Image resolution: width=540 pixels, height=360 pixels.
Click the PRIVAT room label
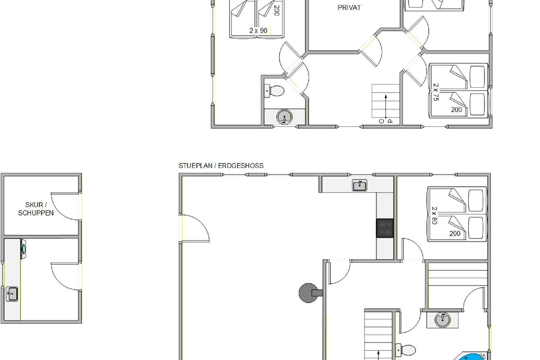349,8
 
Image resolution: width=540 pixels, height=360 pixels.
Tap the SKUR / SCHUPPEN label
36,209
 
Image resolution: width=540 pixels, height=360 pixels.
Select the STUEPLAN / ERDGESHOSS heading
221,166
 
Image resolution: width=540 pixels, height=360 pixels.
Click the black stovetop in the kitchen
385,228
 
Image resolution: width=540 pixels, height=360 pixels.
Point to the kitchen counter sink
360,185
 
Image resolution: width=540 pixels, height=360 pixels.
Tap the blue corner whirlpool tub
471,356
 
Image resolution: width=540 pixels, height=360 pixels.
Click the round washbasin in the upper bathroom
284,117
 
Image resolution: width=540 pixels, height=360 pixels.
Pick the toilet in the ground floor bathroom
405,350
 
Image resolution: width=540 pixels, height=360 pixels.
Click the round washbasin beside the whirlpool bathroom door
442,319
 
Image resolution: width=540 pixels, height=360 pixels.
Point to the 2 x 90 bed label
258,31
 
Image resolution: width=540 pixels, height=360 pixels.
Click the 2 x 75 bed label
436,92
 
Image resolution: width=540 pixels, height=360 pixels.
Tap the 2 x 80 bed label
434,215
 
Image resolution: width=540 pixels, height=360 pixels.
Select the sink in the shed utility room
12,294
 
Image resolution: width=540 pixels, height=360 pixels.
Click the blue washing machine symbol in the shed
23,249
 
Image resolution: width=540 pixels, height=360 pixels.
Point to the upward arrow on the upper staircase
386,107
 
